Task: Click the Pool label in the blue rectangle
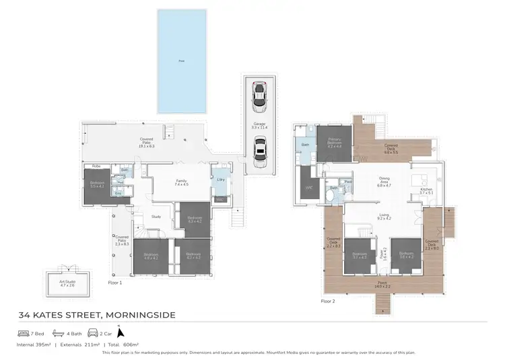(x=181, y=61)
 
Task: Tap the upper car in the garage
(x=259, y=98)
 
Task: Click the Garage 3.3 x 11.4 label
(x=259, y=125)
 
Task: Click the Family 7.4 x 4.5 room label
(x=181, y=182)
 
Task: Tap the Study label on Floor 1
(x=156, y=216)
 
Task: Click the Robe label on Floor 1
(x=96, y=166)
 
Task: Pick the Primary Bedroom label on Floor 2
(x=335, y=142)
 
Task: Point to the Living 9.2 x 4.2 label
(x=384, y=217)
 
